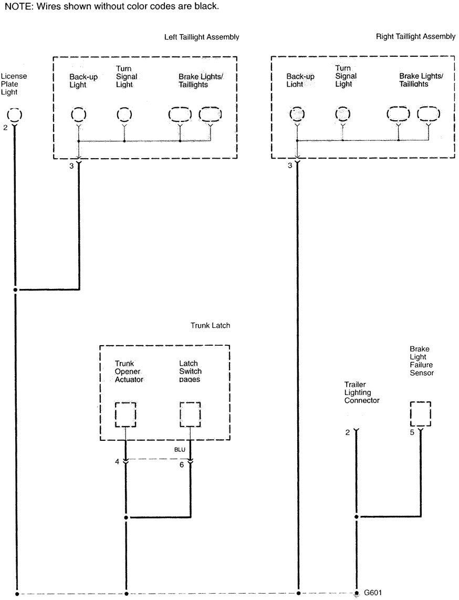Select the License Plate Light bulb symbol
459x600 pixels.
(15, 115)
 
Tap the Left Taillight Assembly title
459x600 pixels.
(201, 37)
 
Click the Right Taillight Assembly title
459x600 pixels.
(415, 37)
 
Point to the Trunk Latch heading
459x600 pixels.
(210, 326)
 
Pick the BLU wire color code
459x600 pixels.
(180, 450)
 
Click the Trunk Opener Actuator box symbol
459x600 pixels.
(126, 415)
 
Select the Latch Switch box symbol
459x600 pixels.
(190, 415)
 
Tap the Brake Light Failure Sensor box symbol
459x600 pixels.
(420, 414)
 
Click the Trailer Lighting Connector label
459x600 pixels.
(362, 392)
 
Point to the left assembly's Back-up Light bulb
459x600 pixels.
(78, 114)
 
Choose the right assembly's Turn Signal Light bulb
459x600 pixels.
(343, 114)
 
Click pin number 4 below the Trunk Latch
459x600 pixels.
(118, 462)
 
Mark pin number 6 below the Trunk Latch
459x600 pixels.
(182, 464)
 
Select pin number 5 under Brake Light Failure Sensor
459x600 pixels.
(412, 432)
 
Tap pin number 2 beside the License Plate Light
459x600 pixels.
(5, 128)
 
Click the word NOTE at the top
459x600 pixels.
(17, 6)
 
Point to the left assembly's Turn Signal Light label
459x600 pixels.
(126, 77)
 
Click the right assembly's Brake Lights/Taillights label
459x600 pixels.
(421, 80)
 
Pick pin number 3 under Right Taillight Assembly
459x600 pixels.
(290, 166)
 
